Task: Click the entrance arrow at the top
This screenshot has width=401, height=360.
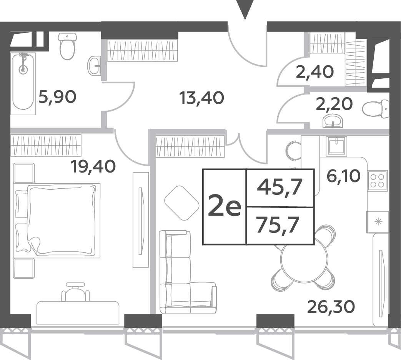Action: pos(245,9)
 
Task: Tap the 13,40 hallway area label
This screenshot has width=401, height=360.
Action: pos(202,98)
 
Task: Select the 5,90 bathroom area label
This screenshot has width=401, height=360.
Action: pos(57,97)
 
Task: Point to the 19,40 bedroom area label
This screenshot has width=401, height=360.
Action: pos(93,167)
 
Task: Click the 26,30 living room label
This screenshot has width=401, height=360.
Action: pos(331,306)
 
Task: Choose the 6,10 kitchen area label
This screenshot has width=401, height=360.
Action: pos(343,176)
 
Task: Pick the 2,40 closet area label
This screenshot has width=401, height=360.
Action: pos(315,72)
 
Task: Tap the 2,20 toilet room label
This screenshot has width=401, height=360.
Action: pos(334,104)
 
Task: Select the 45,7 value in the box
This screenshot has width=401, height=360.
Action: pos(280,187)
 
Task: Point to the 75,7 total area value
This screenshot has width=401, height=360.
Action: pos(278,225)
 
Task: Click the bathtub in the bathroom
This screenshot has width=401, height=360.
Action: pos(23,84)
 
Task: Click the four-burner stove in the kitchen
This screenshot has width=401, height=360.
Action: pos(377,180)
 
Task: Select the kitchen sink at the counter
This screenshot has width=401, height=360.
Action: pos(337,146)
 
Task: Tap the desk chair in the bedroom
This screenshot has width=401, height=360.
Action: pos(75,292)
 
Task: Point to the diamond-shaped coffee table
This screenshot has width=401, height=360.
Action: pos(182,203)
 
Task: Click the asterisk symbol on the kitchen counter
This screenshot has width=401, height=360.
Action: pos(378,222)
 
